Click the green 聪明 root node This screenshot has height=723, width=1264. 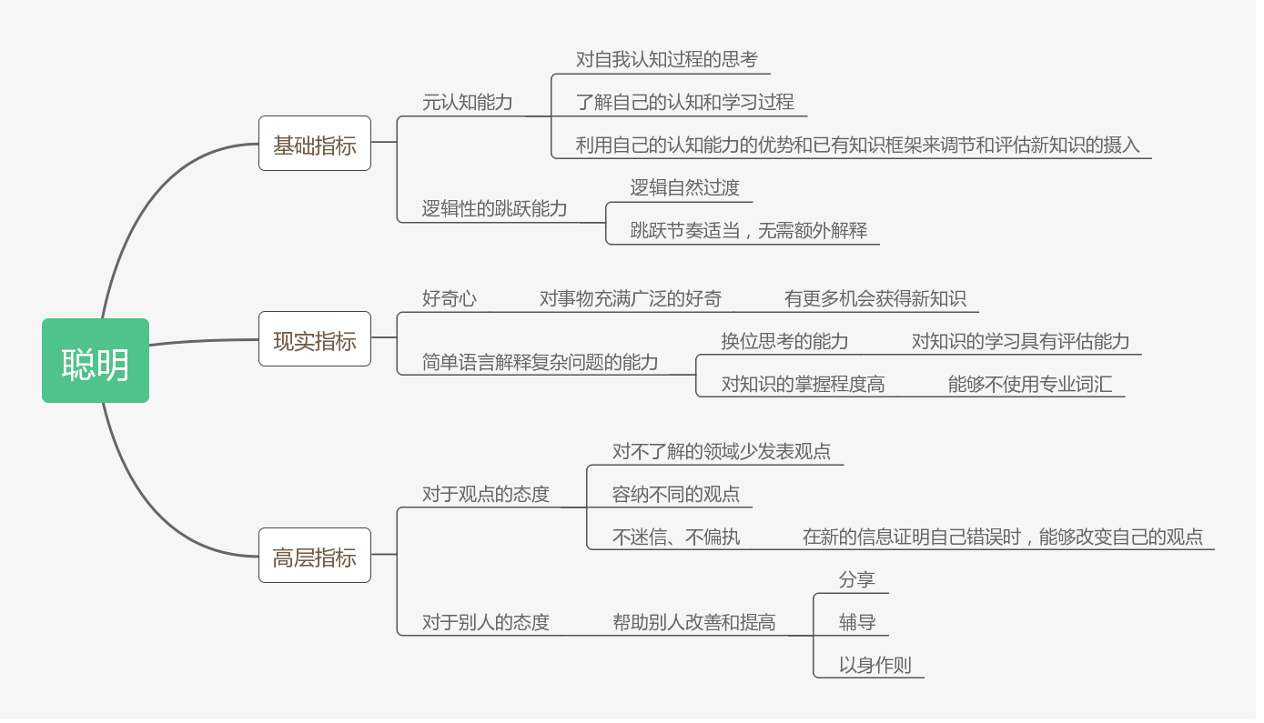point(96,361)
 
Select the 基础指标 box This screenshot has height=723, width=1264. point(315,144)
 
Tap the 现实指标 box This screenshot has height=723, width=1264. point(315,339)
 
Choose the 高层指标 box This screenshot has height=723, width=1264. point(315,556)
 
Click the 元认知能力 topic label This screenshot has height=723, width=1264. point(467,102)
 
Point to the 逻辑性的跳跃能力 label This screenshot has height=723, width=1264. point(494,208)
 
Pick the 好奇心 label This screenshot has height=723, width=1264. point(449,298)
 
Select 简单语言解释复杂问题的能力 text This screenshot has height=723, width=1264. point(540,362)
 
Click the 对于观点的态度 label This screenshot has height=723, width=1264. point(485,495)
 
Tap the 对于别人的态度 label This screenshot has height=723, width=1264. point(485,623)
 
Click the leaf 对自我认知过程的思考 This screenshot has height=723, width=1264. point(666,59)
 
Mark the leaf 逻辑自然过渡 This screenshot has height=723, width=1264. point(684,188)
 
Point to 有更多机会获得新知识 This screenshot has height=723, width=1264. point(875,298)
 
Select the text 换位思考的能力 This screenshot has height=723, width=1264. point(784,341)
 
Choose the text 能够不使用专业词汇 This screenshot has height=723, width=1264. point(1029,384)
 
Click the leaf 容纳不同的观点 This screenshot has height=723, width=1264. point(675,495)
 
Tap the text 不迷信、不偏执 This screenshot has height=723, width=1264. point(675,537)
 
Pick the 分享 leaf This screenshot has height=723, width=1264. point(856,579)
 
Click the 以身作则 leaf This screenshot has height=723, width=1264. point(875,665)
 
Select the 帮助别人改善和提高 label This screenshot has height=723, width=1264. point(693,623)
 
